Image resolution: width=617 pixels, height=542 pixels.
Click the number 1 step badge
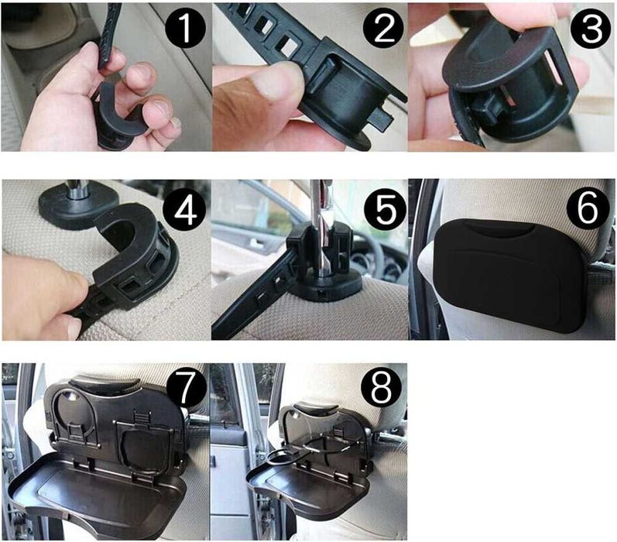[x=185, y=29]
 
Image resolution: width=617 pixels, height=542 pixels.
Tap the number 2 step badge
[x=383, y=29]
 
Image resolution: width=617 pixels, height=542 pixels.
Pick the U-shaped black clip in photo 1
[x=118, y=114]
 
